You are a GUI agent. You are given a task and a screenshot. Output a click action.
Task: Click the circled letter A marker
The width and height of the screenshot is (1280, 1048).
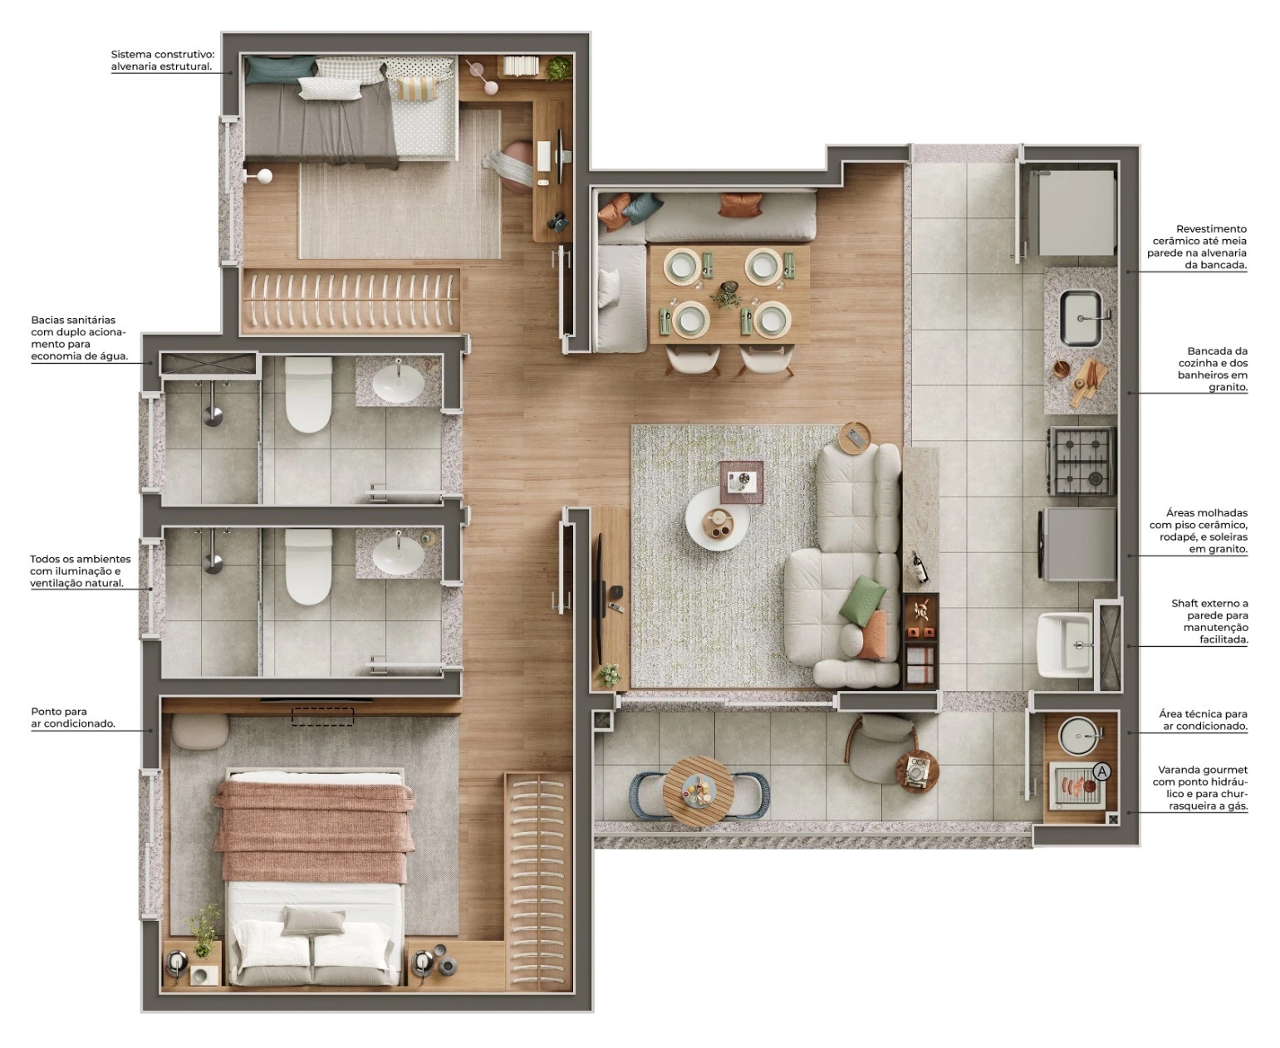coord(1101,771)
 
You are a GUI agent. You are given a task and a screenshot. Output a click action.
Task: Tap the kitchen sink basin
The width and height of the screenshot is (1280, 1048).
coord(1081,318)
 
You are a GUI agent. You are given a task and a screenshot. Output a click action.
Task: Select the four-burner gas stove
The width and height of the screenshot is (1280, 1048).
coord(1082,459)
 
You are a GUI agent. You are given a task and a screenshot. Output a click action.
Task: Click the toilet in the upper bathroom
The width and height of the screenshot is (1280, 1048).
coord(308,395)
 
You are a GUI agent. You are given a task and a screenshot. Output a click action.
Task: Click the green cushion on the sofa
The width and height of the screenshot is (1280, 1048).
coord(862,600)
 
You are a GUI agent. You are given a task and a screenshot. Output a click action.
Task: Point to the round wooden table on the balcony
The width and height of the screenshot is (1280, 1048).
coord(698,790)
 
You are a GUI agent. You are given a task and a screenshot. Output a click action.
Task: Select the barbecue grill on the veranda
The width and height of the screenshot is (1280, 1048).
coord(1077,786)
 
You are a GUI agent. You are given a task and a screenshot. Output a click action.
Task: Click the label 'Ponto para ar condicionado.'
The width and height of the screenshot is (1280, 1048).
coord(73,717)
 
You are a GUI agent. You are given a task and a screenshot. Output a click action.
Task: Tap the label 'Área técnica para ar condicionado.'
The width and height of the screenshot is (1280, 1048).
coord(1202,720)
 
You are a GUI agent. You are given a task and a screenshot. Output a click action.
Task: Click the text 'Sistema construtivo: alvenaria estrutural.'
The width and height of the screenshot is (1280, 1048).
coord(162,60)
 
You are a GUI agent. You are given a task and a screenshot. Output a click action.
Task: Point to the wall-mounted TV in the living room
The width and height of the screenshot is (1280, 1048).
coord(599,587)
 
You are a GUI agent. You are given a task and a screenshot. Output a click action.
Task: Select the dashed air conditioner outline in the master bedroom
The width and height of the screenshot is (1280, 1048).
coord(321,716)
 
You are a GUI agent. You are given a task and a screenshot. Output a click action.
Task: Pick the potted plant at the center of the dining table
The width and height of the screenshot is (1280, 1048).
coord(727,295)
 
